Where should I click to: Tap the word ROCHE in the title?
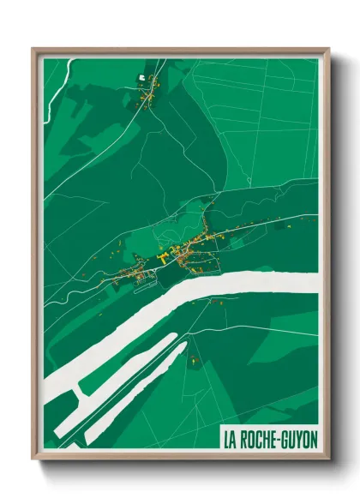260,439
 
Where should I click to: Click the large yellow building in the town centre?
163,256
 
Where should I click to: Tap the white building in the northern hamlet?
141,78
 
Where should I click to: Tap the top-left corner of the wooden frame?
33,49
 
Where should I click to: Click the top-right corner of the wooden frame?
327,49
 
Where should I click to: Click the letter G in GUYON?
286,439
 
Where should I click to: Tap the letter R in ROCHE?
244,439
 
